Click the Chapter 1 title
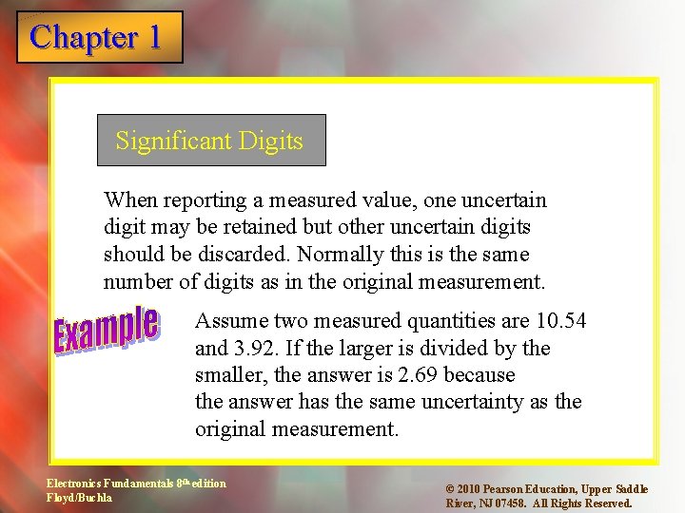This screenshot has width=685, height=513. [96, 37]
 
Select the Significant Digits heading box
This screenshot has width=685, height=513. [211, 141]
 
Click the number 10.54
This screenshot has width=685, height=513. [559, 321]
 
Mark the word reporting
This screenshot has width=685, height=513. [204, 199]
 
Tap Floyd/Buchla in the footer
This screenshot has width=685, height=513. [80, 497]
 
